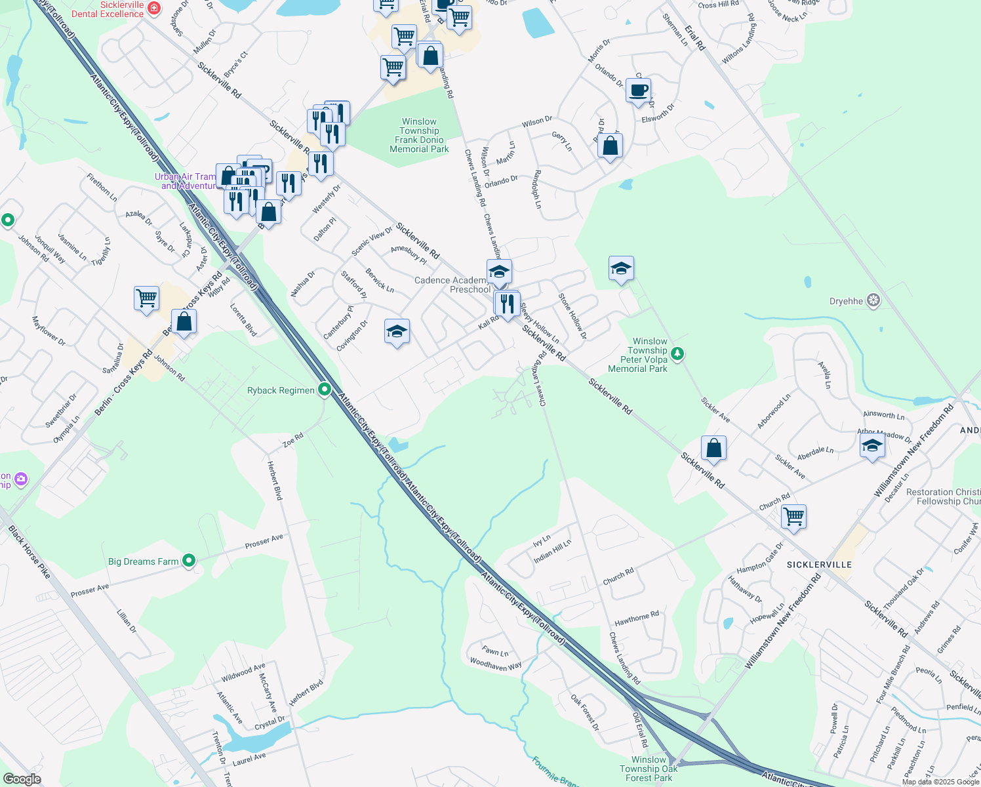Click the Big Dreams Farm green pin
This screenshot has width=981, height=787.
(x=189, y=561)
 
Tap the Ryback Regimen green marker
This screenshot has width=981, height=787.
(x=324, y=390)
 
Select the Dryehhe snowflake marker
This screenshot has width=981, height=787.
(x=873, y=301)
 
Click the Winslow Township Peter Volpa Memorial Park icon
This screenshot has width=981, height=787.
(x=677, y=354)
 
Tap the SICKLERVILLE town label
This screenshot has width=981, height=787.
(x=819, y=565)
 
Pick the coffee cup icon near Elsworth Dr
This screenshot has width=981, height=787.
(x=638, y=91)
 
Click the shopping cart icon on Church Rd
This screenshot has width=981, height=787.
(x=793, y=516)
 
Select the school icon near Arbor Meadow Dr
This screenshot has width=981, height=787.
(x=871, y=445)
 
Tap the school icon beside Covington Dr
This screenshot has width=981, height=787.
(x=397, y=331)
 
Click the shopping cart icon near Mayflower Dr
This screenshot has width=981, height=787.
(x=146, y=298)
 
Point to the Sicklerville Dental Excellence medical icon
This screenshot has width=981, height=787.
(x=153, y=8)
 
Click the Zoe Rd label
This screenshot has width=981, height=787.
(x=292, y=439)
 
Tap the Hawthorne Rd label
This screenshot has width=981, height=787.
(x=636, y=618)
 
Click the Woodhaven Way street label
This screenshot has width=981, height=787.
(x=496, y=664)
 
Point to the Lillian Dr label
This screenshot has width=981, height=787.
(x=127, y=620)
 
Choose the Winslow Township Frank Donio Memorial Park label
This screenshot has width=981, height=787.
(x=419, y=136)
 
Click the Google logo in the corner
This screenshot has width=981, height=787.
(x=22, y=779)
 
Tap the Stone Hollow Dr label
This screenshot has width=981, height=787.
(x=572, y=315)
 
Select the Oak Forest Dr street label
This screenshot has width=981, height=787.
(x=584, y=713)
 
